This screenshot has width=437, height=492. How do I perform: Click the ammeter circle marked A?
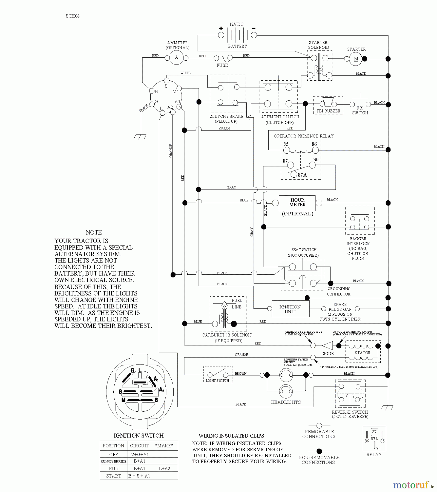point(176,57)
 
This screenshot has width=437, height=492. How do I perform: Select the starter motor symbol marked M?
point(356,59)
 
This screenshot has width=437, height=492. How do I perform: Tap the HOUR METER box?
point(297,203)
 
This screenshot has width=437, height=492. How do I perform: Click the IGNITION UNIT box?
point(290,309)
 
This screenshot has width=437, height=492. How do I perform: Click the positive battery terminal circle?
point(221,35)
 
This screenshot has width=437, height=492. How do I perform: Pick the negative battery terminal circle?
point(254,35)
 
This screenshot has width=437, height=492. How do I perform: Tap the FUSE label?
point(222,65)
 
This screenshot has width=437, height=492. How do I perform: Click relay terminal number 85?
point(286,144)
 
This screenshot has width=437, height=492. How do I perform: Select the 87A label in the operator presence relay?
point(302,175)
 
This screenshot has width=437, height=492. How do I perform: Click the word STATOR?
point(363,353)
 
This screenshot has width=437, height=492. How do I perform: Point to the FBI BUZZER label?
point(328,111)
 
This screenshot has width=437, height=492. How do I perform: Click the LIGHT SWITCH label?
point(217,380)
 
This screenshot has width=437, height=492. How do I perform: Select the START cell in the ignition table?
point(114,476)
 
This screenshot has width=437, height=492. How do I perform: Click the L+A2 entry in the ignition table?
point(164,468)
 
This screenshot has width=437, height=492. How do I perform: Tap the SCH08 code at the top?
point(73,16)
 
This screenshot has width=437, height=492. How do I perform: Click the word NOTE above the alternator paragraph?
point(94,233)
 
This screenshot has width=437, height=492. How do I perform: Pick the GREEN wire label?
point(224,129)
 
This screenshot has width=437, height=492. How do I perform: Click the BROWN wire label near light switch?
point(240,373)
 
